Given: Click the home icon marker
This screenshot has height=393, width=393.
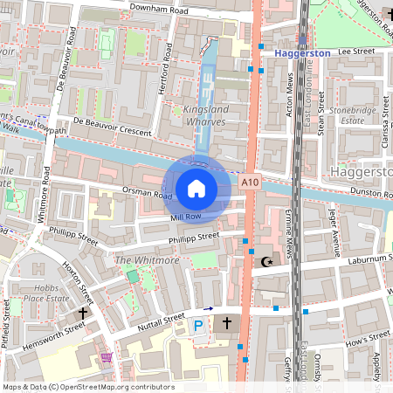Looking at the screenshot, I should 196,188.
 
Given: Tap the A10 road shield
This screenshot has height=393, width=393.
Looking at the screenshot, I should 250,182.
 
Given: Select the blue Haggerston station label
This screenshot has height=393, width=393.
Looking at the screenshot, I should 302,53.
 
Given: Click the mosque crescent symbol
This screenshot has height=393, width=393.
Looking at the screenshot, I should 267,260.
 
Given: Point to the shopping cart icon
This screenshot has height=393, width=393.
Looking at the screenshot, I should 107,357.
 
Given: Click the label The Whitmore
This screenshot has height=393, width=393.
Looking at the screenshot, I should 141,261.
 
